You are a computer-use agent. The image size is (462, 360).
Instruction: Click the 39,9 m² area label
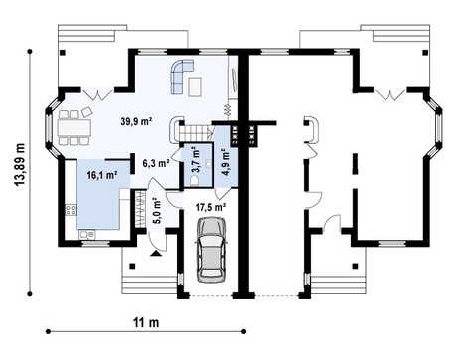(135, 121)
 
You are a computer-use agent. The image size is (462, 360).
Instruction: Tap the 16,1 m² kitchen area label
(102, 175)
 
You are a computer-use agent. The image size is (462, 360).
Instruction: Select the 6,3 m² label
(155, 162)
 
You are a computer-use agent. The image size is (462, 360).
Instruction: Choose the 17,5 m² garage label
(211, 207)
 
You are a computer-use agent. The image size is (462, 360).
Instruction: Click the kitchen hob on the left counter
(70, 210)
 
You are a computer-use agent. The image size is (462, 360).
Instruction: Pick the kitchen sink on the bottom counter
(87, 235)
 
